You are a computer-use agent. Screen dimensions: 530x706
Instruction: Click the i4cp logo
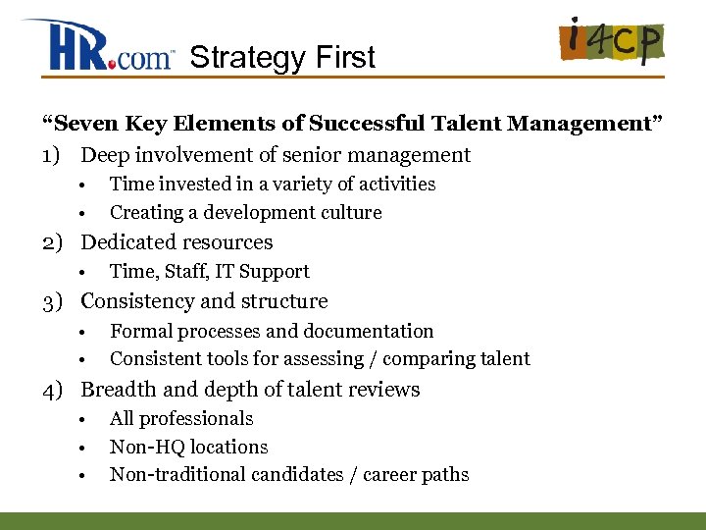(610, 43)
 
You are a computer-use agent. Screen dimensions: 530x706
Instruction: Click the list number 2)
(54, 242)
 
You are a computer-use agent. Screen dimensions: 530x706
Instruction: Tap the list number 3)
(54, 301)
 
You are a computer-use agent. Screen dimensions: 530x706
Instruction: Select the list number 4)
(54, 390)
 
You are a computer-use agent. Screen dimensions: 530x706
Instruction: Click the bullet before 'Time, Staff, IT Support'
(86, 273)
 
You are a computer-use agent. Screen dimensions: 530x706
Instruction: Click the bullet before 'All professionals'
(86, 420)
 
